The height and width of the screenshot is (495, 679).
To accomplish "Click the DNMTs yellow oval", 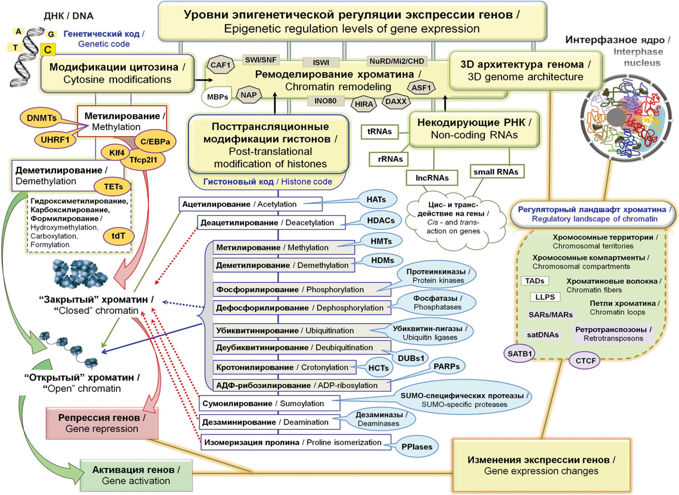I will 42,118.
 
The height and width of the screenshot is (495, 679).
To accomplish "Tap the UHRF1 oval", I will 55,139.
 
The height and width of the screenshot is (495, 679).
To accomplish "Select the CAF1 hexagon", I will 221,65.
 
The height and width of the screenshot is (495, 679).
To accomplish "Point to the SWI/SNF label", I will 261,60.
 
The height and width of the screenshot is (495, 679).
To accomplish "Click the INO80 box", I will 325,101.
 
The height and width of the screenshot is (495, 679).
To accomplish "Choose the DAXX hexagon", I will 396,101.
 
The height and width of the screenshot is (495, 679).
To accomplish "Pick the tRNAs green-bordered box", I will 380,132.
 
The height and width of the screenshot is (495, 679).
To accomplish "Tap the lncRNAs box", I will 432,178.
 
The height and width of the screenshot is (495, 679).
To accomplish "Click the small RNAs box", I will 496,172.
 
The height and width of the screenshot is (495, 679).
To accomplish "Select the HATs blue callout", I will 376,200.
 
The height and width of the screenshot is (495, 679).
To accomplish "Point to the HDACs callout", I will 381,220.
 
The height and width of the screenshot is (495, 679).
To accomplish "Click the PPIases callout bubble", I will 417,447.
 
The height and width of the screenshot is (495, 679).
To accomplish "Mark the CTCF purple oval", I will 585,361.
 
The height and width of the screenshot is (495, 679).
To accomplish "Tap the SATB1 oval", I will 520,354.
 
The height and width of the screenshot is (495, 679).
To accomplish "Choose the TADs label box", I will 534,281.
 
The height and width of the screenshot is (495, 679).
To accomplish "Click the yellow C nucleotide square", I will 48,50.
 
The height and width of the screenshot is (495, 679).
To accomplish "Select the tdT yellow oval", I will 118,236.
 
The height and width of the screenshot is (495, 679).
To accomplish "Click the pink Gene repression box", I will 102,423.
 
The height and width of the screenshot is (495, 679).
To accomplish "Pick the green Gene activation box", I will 136,475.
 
